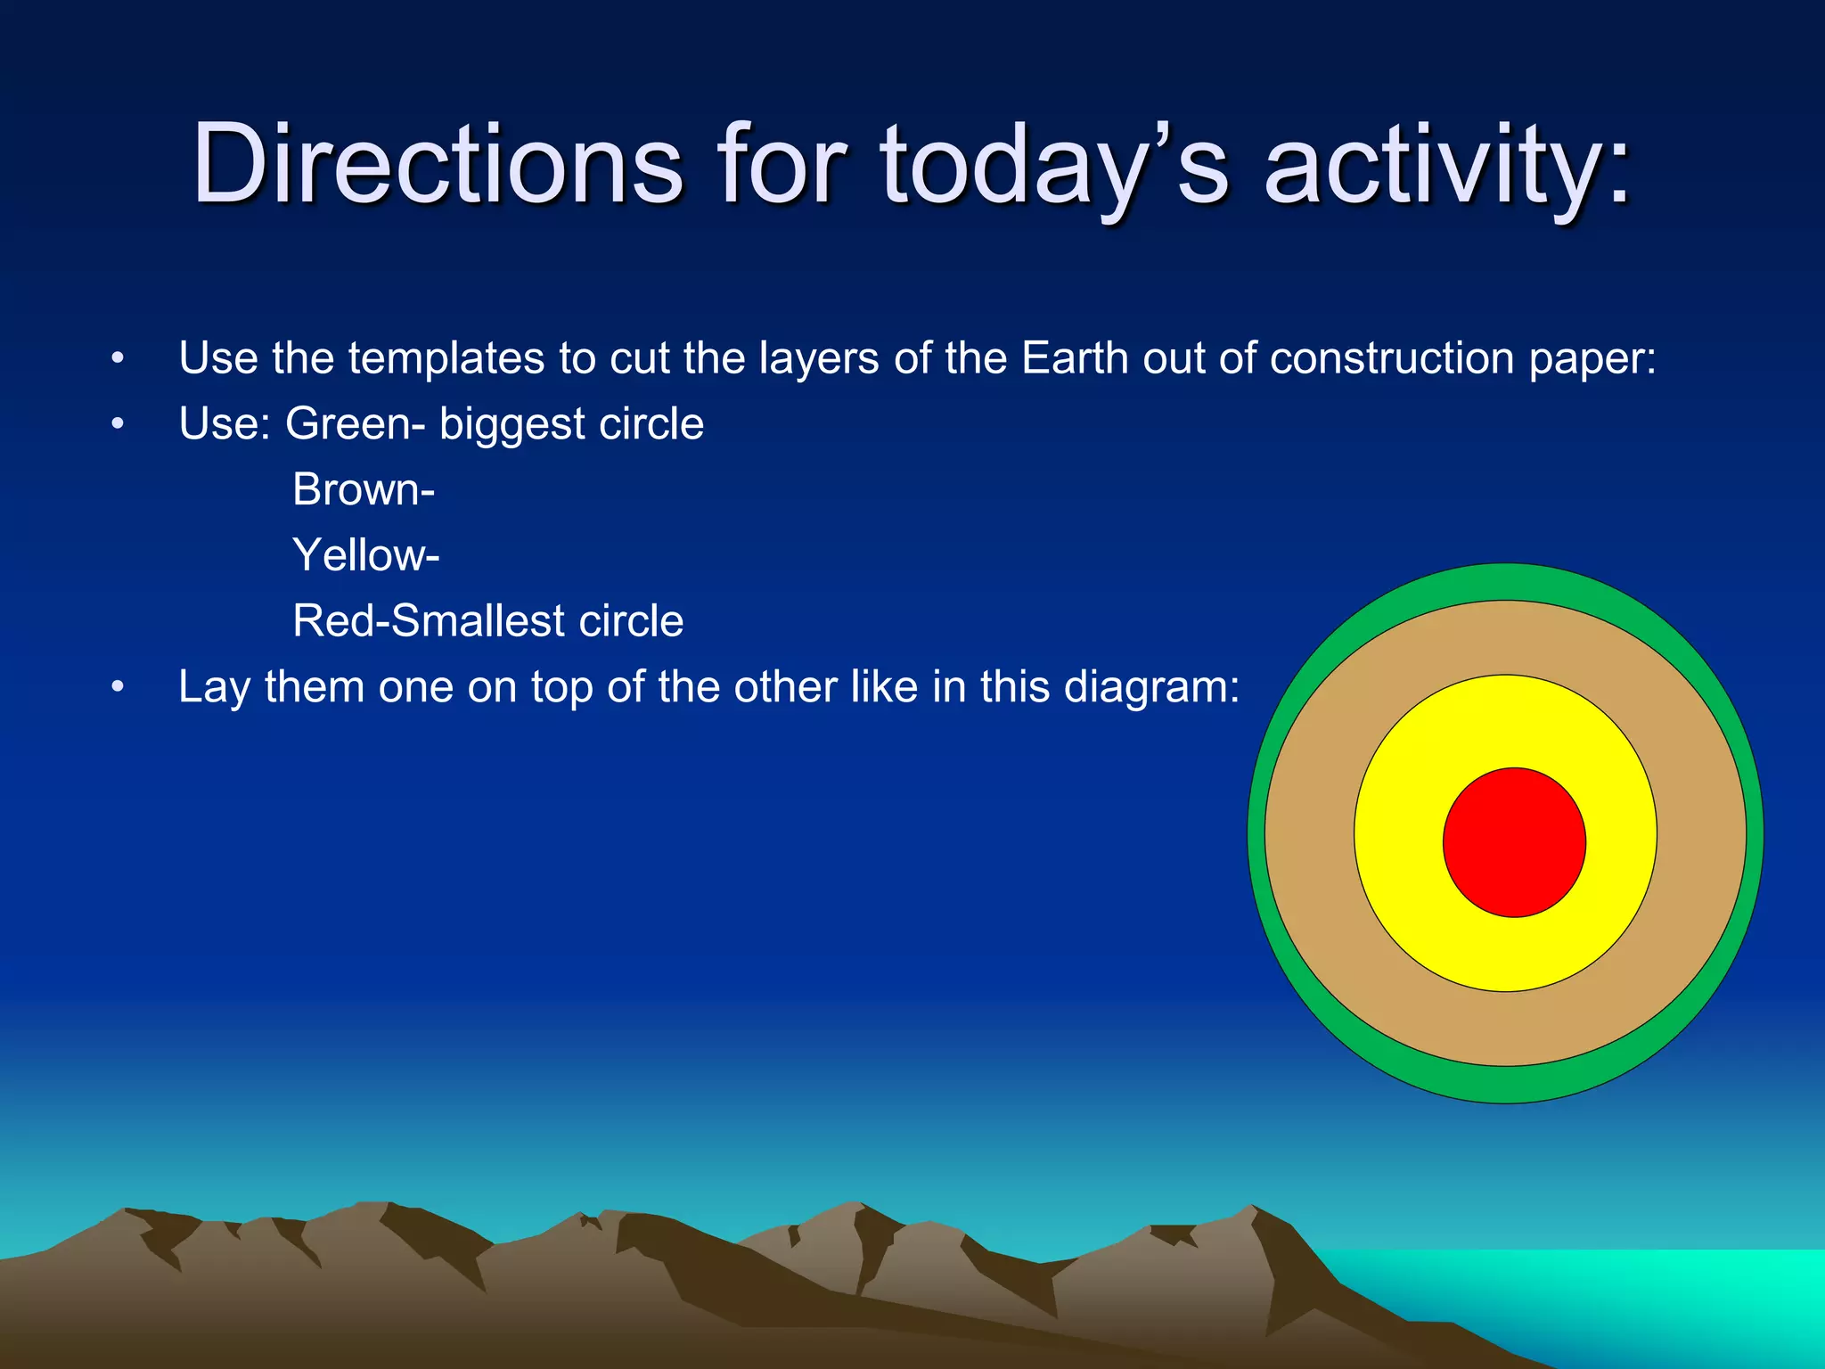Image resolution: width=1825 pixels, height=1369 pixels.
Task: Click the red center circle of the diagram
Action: tap(1514, 842)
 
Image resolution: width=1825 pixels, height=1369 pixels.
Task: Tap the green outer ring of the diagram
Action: tap(1506, 581)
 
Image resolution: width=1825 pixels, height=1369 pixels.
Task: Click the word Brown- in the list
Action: tap(364, 489)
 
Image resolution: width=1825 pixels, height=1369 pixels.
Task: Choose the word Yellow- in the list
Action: tap(365, 555)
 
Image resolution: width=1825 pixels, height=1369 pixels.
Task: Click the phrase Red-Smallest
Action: tap(428, 621)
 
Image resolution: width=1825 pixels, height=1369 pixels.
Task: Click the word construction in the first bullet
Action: tap(1391, 358)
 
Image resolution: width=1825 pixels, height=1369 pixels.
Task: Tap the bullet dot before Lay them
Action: tap(118, 688)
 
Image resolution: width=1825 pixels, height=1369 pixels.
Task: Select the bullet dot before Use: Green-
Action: tap(118, 425)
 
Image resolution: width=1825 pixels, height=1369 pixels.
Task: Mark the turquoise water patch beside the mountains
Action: tap(1649, 1292)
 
